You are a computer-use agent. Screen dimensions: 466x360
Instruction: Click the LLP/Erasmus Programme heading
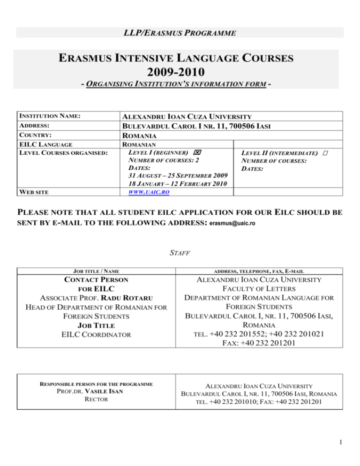[x=180, y=33]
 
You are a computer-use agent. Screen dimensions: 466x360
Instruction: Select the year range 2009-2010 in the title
[x=180, y=73]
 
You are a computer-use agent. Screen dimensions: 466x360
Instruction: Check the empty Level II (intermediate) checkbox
[x=325, y=153]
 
